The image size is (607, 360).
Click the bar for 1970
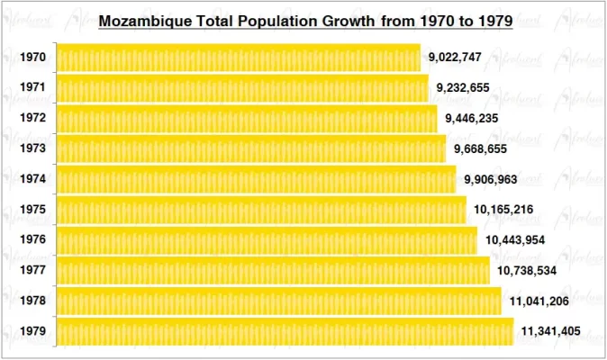(239, 58)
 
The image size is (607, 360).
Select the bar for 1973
(251, 148)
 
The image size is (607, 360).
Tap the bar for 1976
(267, 240)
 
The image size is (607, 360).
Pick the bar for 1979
(285, 331)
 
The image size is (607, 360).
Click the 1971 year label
(33, 88)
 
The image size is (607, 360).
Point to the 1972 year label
(33, 118)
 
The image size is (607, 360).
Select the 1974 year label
(33, 179)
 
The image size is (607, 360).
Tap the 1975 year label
(33, 210)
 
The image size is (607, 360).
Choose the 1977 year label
(33, 270)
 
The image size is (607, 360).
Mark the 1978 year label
(33, 301)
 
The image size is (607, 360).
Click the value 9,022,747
(455, 58)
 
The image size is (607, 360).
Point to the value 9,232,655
(463, 88)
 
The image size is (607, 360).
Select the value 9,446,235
(471, 118)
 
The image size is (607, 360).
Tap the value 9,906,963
(491, 180)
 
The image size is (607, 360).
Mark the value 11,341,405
(550, 331)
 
